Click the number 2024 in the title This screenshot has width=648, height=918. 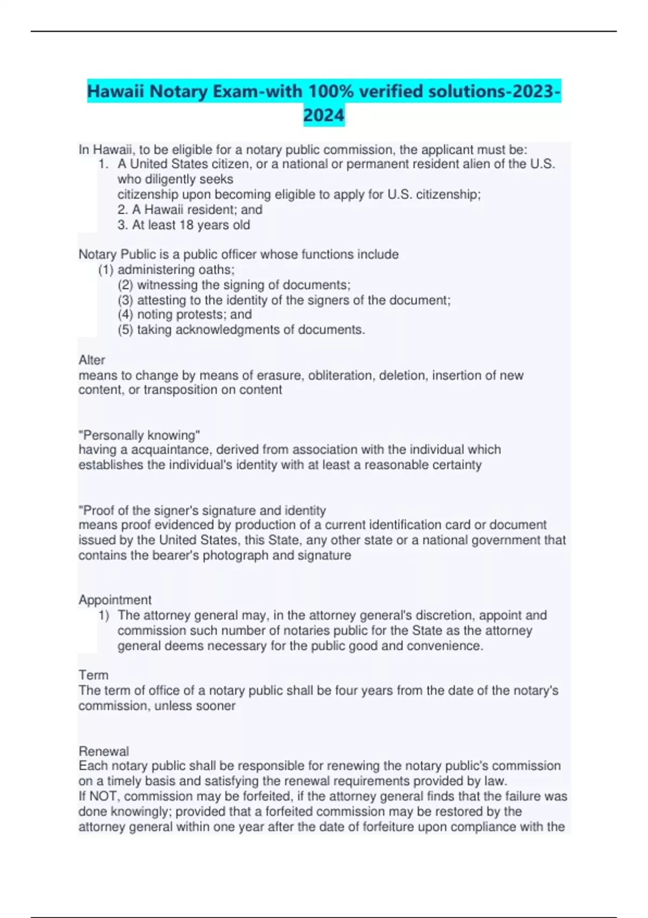(323, 115)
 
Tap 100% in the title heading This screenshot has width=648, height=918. (329, 91)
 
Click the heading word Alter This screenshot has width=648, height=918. (92, 360)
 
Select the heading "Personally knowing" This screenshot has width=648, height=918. (139, 435)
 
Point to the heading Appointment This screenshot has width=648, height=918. (115, 599)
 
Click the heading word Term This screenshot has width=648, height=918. (93, 675)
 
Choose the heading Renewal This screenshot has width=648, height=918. (104, 751)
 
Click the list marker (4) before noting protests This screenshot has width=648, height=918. (125, 314)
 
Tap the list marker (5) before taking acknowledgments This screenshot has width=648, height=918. (125, 329)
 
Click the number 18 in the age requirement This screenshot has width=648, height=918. (186, 225)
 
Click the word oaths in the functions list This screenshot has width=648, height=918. (216, 269)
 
